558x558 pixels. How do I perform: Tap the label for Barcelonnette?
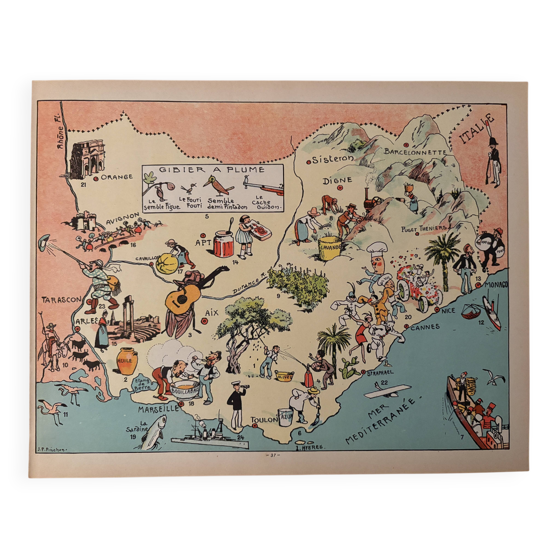(415, 152)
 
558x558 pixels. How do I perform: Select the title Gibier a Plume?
(212, 170)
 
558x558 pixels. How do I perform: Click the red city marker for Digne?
(340, 188)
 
